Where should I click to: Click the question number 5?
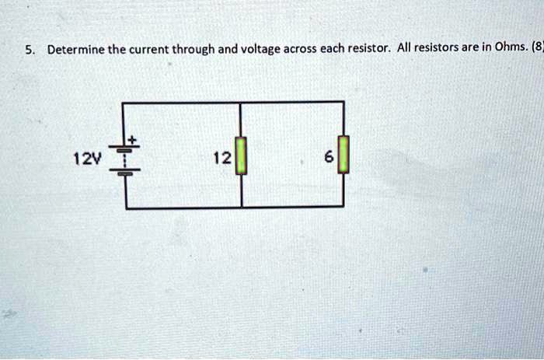click(x=28, y=50)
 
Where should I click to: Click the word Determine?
click(x=76, y=50)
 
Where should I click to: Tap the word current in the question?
click(x=144, y=50)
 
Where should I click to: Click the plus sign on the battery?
click(x=132, y=140)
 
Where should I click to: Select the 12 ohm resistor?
click(x=241, y=156)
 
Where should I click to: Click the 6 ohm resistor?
click(x=343, y=156)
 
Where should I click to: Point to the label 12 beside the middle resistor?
click(x=221, y=158)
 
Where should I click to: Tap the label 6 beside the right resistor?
click(x=329, y=158)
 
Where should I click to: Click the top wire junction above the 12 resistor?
click(x=241, y=102)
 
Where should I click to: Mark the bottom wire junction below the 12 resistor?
click(x=241, y=208)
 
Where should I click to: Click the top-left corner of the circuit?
click(x=124, y=102)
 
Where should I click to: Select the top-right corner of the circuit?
click(x=343, y=102)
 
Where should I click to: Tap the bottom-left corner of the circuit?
click(x=124, y=208)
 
